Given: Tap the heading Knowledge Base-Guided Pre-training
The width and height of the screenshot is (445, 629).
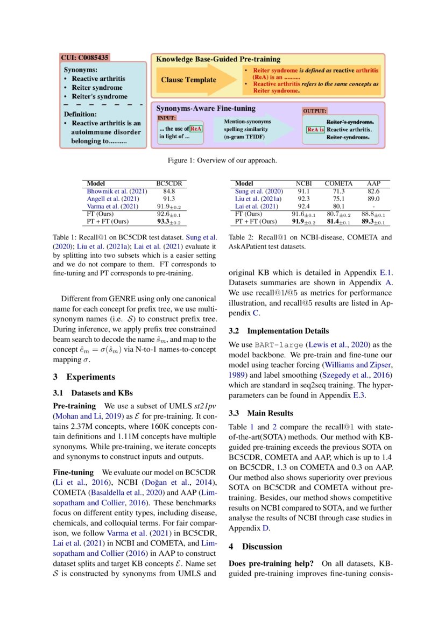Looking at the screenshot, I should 218,59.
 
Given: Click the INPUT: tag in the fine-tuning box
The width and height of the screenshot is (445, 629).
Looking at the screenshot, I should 167,117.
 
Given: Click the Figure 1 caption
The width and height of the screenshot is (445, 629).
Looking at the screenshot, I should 222,160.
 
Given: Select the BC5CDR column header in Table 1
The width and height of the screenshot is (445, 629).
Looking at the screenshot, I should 168,183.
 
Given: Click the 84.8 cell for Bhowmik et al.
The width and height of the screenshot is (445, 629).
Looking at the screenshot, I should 169,191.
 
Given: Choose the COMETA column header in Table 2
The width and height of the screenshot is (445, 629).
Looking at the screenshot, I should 338,183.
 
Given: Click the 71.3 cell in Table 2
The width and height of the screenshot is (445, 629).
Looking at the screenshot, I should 338,191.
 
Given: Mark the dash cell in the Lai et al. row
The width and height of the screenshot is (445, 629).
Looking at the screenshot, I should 373,206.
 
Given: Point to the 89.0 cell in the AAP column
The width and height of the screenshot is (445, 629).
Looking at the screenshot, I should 373,199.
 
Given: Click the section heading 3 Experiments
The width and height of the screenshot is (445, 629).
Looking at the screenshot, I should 83,377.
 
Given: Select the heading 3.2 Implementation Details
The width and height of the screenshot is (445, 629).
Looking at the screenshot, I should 278,331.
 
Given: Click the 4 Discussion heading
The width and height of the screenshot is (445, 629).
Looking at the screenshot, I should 255,546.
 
